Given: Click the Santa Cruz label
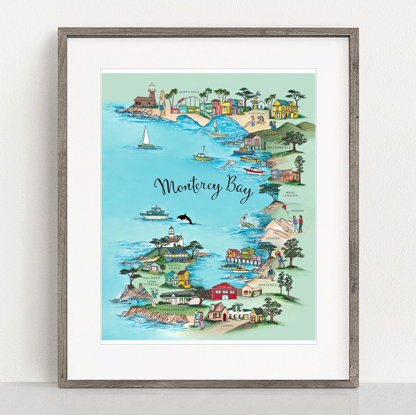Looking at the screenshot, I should [189, 92].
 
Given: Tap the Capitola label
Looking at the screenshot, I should [256, 113].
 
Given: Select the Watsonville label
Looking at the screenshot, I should [279, 148].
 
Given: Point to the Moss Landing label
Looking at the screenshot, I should [291, 194].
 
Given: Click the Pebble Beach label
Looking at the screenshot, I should [172, 310].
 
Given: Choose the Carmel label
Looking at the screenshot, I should [227, 325].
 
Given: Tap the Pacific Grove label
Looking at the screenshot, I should [174, 267].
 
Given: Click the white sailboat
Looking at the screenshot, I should [146, 137].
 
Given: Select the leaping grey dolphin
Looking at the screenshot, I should [227, 165].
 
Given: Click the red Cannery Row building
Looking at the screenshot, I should [222, 291].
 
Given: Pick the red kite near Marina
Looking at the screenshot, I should [284, 208].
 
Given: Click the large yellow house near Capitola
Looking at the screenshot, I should [285, 109].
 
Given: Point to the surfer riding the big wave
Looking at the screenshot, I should [216, 127].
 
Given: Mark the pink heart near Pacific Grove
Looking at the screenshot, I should [197, 251].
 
